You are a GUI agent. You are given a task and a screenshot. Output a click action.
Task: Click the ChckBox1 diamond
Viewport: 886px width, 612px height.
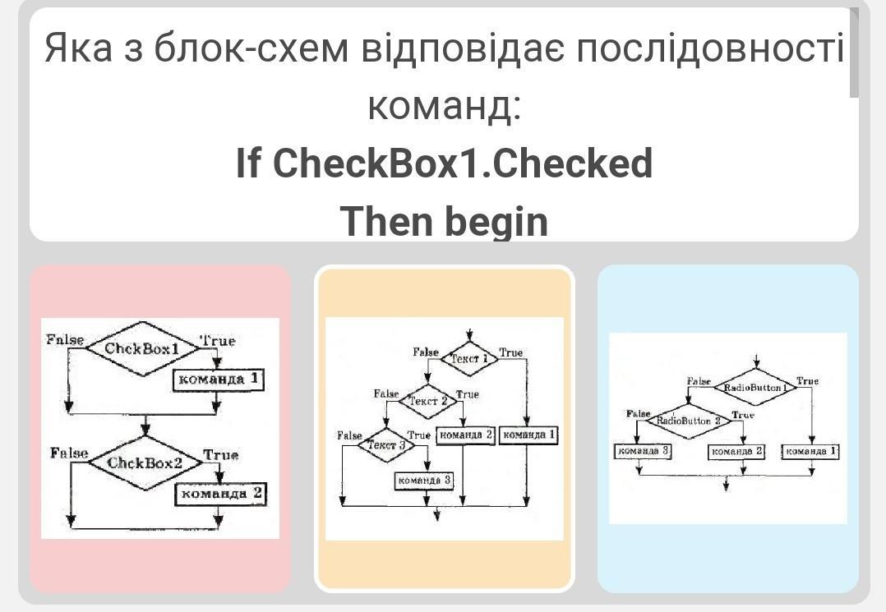[142, 348]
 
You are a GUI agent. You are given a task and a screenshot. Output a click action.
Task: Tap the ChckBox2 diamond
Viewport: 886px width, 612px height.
[145, 462]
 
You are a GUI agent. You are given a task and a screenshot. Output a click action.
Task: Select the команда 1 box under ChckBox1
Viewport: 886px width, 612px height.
[218, 380]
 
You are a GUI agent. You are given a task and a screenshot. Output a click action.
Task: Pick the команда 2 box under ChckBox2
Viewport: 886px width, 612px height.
[221, 494]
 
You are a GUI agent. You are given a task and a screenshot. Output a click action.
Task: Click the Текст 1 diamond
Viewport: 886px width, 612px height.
[469, 358]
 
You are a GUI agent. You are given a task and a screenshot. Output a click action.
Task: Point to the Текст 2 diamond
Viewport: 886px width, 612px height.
[427, 401]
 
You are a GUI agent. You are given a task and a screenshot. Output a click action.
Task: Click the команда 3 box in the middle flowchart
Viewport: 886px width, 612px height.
[424, 480]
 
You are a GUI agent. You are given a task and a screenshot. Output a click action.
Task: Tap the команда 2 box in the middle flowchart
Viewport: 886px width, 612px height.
[465, 435]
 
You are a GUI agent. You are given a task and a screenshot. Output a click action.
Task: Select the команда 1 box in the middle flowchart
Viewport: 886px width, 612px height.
[528, 435]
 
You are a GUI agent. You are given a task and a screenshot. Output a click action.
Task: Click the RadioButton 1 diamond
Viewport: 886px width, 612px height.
[755, 386]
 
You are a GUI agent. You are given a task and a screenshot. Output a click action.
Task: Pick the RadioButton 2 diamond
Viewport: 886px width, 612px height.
[689, 421]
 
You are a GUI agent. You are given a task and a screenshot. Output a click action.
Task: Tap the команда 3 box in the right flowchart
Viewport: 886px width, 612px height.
[642, 451]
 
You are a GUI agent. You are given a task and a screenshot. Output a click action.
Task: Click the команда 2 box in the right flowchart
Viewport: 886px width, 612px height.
[736, 451]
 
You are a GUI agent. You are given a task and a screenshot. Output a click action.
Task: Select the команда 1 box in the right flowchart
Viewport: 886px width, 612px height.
[810, 451]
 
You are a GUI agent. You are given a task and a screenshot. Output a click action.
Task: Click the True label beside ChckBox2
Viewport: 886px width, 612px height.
[220, 455]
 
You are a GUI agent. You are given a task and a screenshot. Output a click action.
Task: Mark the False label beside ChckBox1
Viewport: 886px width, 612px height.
[65, 340]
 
